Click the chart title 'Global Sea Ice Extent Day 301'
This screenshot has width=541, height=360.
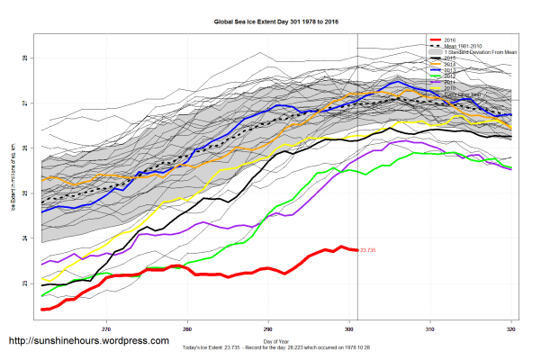[x=270, y=21]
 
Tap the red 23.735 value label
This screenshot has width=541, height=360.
[x=367, y=250]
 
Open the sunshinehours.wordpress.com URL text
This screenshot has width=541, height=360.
[x=88, y=341]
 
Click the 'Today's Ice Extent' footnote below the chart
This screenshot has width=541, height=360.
[x=271, y=347]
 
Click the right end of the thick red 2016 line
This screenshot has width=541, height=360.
[x=356, y=249]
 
